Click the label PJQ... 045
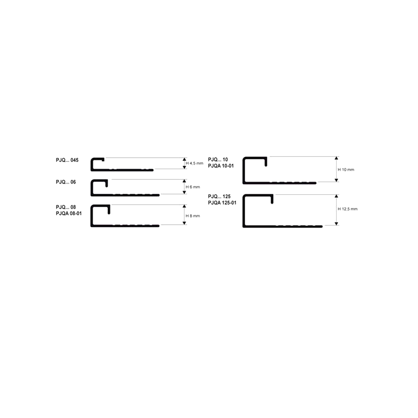tap(67, 160)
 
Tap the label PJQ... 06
tap(66, 182)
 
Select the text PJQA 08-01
tap(69, 213)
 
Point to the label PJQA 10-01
tap(221, 166)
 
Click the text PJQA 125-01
tap(222, 203)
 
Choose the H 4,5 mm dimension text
tap(194, 163)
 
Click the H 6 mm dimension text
tap(193, 187)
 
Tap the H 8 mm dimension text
tap(193, 216)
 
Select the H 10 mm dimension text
tap(346, 170)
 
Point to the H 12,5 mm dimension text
tap(348, 209)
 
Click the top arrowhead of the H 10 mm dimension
tap(337, 158)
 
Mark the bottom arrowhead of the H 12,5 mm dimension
tap(337, 224)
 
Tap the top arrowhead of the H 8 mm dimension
tap(184, 207)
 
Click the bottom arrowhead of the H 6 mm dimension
tap(184, 192)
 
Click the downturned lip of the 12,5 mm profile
tap(272, 199)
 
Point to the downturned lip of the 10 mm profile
tap(266, 162)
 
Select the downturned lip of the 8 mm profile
tap(109, 210)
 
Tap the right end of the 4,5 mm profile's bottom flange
tap(152, 170)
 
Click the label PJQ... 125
tap(219, 196)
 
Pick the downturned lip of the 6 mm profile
tap(107, 184)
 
